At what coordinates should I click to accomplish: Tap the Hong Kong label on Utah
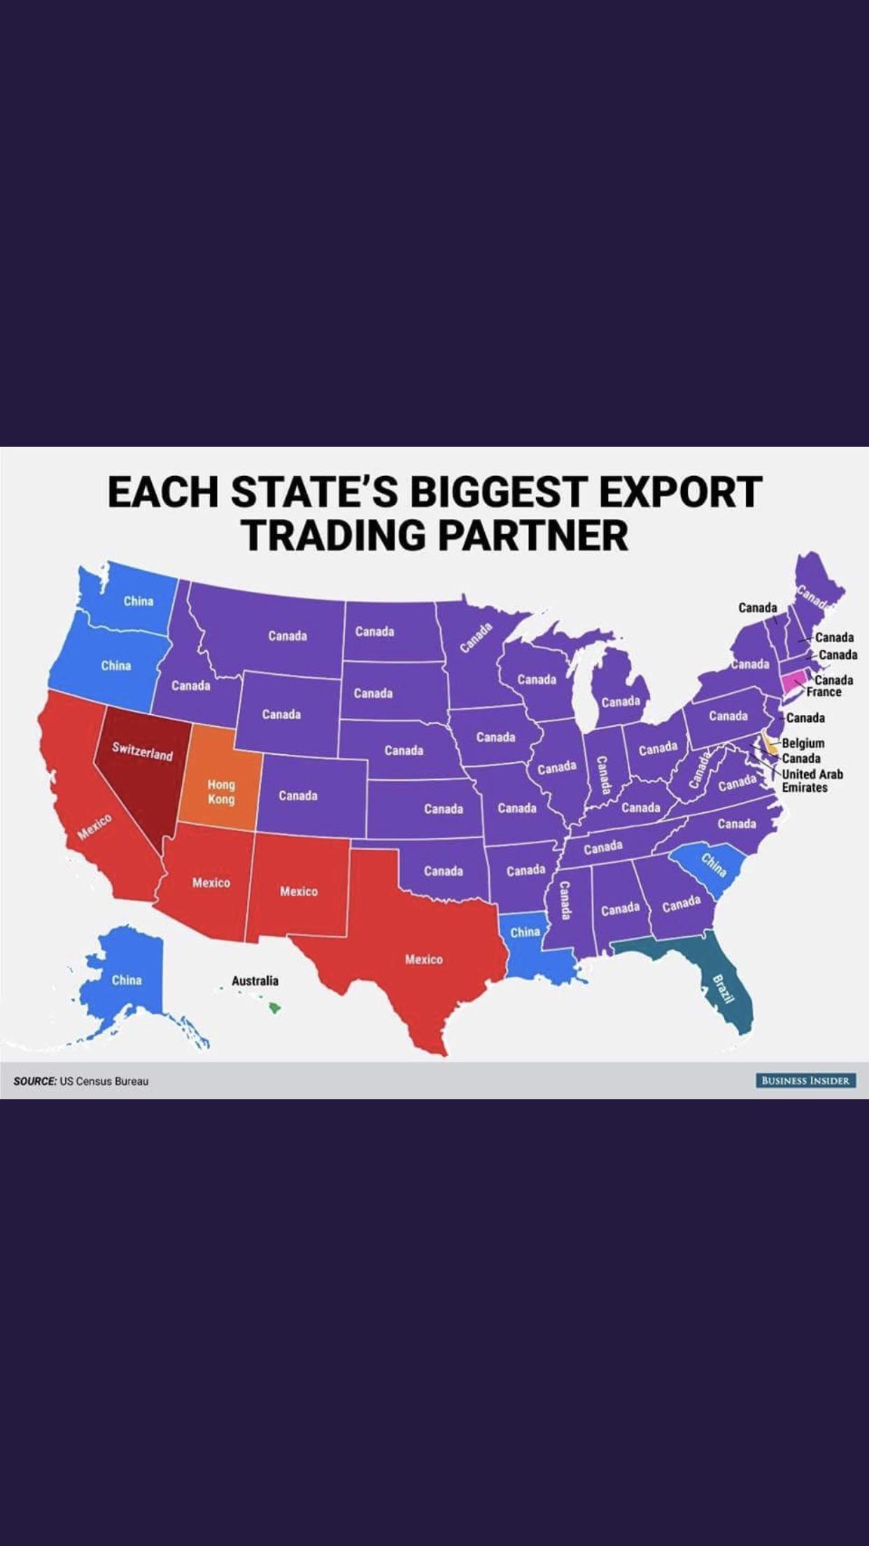coord(220,792)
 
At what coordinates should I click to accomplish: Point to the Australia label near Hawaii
coord(255,980)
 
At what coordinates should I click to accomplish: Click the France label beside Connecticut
coord(824,692)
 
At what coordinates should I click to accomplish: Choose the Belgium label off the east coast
coord(803,743)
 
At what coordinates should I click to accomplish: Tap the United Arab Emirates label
coord(812,781)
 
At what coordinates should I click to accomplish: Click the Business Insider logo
coord(805,1080)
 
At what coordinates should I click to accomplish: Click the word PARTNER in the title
coord(533,535)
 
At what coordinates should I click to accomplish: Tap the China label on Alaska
coord(127,980)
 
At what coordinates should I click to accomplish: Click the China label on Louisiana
coord(525,932)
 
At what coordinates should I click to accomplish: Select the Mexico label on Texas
coord(423,959)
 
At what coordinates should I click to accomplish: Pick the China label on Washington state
coord(138,601)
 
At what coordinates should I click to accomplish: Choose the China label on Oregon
coord(115,665)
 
